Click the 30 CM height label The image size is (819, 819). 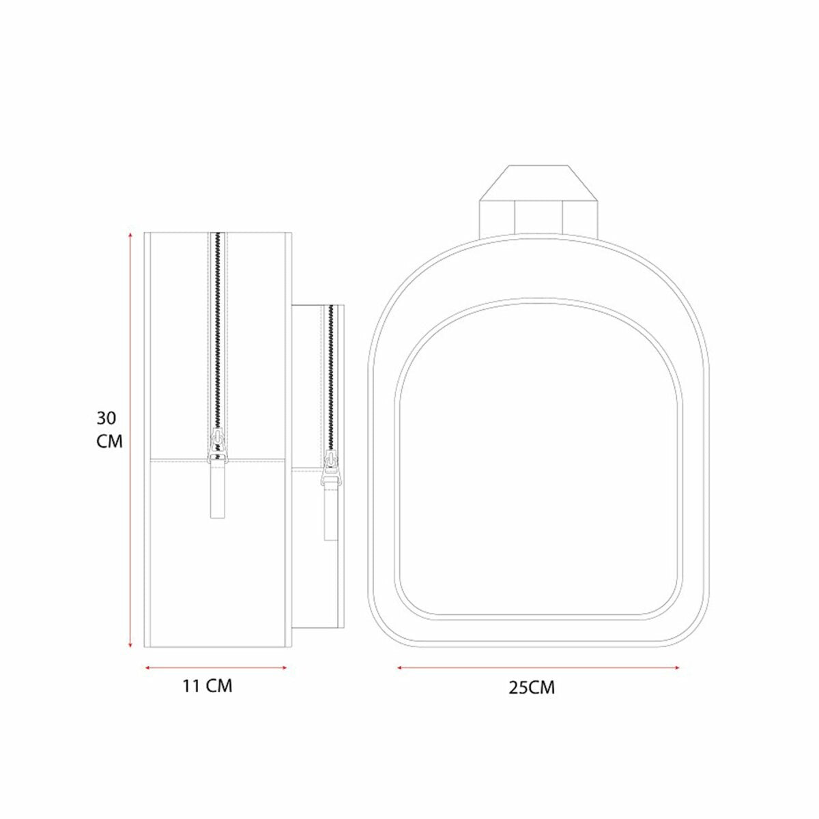(x=109, y=430)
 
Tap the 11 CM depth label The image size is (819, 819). (x=208, y=687)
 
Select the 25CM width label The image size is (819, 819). (x=532, y=688)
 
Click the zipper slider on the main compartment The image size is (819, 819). (x=217, y=446)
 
